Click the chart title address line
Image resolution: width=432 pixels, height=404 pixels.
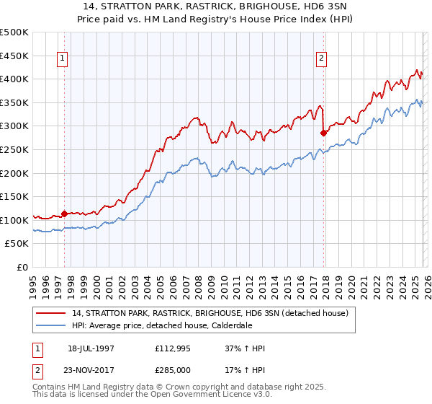216,6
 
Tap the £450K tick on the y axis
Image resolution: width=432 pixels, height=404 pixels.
14,56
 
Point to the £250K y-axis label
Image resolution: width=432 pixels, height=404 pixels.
14,149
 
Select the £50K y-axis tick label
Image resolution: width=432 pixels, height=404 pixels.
17,244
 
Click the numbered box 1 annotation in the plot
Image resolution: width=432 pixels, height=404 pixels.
63,60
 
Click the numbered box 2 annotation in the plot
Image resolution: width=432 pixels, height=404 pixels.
321,60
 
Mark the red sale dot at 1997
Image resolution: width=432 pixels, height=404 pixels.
65,214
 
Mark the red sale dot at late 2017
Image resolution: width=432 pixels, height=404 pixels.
323,133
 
